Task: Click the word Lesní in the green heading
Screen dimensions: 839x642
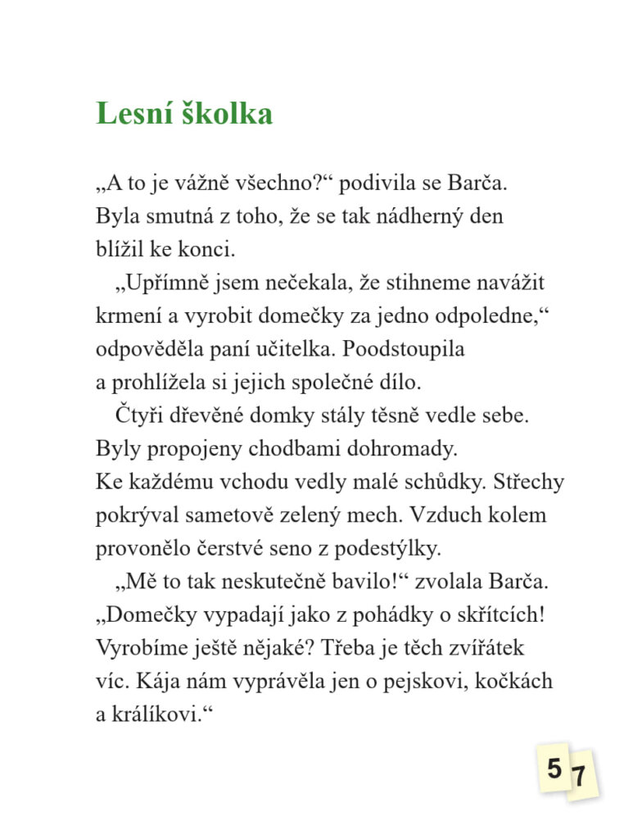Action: pyautogui.click(x=131, y=114)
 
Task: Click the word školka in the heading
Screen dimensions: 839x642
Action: pyautogui.click(x=223, y=114)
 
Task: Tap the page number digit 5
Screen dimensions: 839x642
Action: pyautogui.click(x=554, y=769)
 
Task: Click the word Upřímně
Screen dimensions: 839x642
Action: pyautogui.click(x=163, y=283)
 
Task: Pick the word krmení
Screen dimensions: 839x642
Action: pyautogui.click(x=127, y=316)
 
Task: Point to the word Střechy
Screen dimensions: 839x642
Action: pyautogui.click(x=529, y=483)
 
